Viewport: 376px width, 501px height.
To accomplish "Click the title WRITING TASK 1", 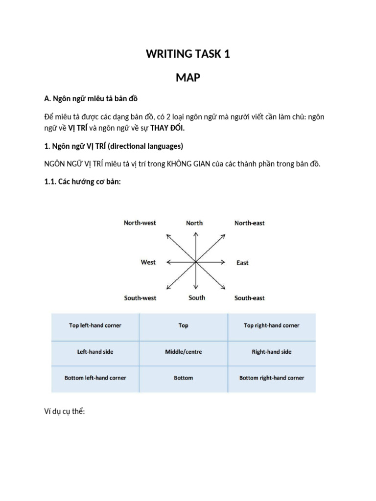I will (x=188, y=54).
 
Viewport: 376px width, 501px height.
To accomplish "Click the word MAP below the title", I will (x=188, y=77).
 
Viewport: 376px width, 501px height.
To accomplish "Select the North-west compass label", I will (x=140, y=223).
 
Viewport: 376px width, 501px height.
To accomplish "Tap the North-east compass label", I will (x=249, y=223).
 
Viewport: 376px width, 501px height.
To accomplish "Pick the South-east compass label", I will (x=249, y=298).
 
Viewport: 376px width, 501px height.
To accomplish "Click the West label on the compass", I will (x=148, y=262).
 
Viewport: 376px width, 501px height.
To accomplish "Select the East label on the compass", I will (x=242, y=263).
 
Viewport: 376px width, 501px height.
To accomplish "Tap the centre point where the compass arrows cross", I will (x=196, y=262).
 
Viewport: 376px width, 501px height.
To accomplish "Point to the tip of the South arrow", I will (x=196, y=293).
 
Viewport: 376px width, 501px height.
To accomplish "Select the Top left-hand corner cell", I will (x=95, y=325).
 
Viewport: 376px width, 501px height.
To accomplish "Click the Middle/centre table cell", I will (x=184, y=352).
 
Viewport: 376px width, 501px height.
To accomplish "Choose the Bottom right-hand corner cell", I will (x=272, y=378).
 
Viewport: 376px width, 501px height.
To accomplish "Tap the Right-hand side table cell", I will (x=272, y=352).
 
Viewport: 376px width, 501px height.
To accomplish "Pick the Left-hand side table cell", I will (x=95, y=352).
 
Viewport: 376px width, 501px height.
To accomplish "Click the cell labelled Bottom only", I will (x=184, y=378).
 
